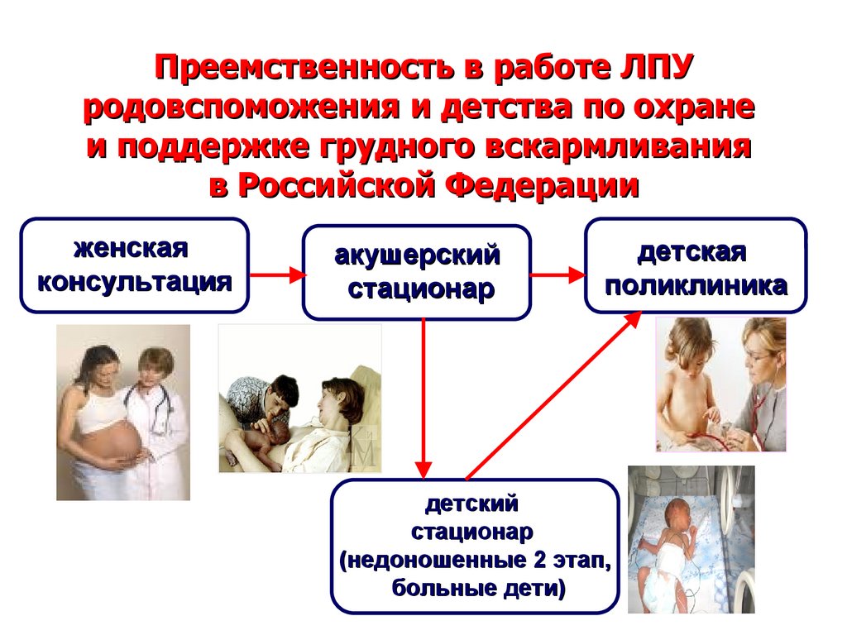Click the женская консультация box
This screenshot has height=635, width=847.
pos(134,265)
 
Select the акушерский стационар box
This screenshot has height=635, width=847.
pos(416,272)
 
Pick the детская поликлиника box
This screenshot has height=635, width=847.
pos(695,265)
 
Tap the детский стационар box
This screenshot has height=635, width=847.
pos(475,546)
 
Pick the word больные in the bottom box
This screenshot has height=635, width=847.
pos(437,589)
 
